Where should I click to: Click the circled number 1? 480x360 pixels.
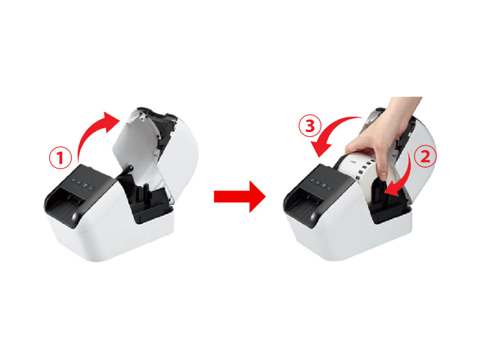point(60,158)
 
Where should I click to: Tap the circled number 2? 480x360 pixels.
point(425,157)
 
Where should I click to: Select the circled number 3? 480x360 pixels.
point(310,126)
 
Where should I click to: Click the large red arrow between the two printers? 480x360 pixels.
point(240,196)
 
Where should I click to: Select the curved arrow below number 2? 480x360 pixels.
point(404,178)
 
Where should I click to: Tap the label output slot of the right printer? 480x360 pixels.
point(304,203)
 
